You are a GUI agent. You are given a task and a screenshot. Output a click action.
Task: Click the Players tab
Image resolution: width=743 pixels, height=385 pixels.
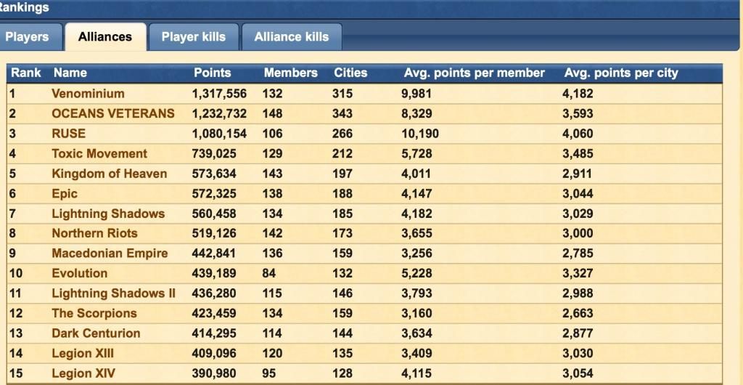[27, 37]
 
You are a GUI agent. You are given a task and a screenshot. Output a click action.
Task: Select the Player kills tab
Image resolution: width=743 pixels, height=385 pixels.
[193, 37]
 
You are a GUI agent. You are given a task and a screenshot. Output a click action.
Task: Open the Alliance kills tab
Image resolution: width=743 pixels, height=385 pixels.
[291, 37]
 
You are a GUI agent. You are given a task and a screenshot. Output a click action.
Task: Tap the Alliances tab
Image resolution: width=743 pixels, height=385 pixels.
[105, 37]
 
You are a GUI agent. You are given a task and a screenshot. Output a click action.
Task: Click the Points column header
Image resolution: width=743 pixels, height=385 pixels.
[213, 73]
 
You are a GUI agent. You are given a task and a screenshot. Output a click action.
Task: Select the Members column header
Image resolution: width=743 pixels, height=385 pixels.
[290, 73]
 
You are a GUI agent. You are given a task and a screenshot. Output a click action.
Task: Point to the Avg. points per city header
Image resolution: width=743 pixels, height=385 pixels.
[620, 73]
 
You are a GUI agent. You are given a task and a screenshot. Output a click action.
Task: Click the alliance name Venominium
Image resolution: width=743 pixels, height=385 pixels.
[88, 94]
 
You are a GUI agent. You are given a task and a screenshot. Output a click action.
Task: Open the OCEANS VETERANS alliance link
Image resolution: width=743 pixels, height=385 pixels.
[113, 113]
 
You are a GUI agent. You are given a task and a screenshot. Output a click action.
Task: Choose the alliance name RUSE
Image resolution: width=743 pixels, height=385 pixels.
[68, 134]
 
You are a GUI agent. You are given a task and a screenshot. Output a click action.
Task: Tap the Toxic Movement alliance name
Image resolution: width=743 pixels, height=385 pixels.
[99, 154]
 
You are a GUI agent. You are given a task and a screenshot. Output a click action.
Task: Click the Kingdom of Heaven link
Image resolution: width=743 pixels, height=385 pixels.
[109, 174]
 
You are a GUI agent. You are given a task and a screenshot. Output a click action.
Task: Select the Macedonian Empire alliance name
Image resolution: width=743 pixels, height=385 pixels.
[110, 254]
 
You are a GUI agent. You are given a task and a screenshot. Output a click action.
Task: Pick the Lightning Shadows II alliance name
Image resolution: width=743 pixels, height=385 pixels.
[113, 293]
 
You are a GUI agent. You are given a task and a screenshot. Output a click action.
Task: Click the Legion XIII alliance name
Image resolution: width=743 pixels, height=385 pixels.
[83, 354]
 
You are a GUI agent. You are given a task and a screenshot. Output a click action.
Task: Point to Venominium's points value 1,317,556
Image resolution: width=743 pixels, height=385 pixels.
[219, 94]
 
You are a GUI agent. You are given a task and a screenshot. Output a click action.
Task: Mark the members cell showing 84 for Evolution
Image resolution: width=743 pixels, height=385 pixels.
[270, 274]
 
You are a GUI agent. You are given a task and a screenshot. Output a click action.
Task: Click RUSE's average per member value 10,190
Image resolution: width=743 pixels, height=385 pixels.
[419, 134]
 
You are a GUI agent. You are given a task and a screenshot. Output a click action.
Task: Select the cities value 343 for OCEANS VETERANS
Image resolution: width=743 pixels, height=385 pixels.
[342, 113]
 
